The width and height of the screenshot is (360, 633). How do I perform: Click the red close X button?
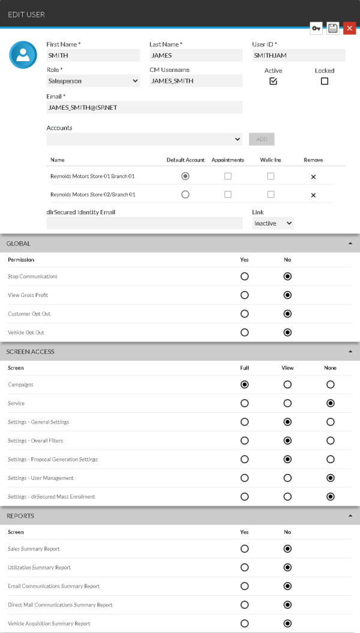tap(349, 28)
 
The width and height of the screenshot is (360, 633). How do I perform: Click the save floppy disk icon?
tap(333, 28)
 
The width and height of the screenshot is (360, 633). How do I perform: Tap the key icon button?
tap(316, 28)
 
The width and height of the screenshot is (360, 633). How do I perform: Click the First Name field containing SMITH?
tap(93, 55)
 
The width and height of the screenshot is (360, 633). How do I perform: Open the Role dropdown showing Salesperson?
tap(93, 81)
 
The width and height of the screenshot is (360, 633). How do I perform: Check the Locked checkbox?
tap(325, 82)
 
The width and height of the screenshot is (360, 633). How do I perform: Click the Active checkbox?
tap(273, 82)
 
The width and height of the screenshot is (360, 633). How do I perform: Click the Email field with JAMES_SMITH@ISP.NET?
tap(144, 107)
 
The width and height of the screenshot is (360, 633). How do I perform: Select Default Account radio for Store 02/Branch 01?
tap(185, 194)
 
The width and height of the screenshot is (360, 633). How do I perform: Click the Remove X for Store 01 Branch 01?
tap(313, 176)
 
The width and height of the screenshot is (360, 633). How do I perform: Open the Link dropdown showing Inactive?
tap(273, 223)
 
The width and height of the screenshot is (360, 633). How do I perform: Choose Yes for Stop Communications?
tap(244, 277)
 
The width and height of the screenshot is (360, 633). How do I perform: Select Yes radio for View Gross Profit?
tap(244, 295)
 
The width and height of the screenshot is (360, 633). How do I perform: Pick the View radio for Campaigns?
tap(287, 385)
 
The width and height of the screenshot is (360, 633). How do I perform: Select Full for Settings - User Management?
tap(244, 478)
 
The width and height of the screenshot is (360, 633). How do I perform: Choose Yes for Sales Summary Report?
tap(244, 548)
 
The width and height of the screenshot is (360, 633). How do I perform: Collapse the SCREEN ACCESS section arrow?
tap(350, 352)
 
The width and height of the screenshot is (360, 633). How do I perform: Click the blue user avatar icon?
tap(23, 55)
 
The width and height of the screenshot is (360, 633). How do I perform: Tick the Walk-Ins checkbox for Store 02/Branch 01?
tap(271, 194)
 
